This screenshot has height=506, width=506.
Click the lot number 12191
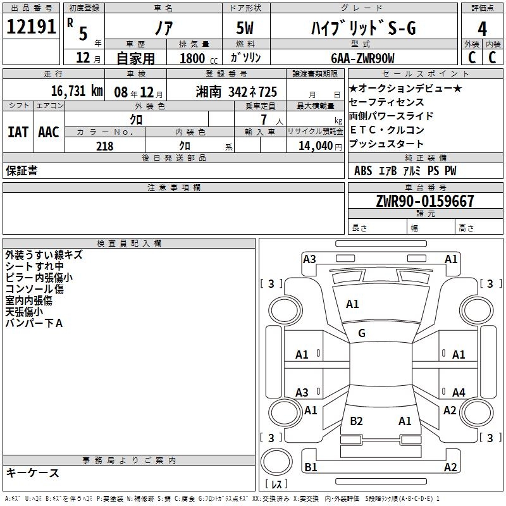click(x=32, y=27)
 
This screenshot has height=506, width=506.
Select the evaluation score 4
click(x=482, y=29)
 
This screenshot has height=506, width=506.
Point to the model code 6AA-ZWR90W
click(x=362, y=58)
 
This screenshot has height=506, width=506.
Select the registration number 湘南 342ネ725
click(x=237, y=91)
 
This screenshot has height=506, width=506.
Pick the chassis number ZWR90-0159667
click(x=424, y=201)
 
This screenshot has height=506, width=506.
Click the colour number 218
click(x=104, y=146)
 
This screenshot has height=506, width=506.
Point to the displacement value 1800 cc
click(x=198, y=58)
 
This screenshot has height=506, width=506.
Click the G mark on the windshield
click(x=362, y=333)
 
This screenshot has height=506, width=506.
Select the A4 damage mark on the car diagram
click(x=459, y=393)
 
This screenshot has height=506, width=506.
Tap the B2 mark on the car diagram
click(x=356, y=421)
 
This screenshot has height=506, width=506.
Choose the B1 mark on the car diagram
click(x=311, y=467)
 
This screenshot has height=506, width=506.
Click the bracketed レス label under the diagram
click(x=276, y=485)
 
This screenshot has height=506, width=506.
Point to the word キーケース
click(x=32, y=472)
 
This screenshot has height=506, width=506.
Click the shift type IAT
click(x=18, y=132)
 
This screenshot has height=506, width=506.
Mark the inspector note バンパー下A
click(x=34, y=324)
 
